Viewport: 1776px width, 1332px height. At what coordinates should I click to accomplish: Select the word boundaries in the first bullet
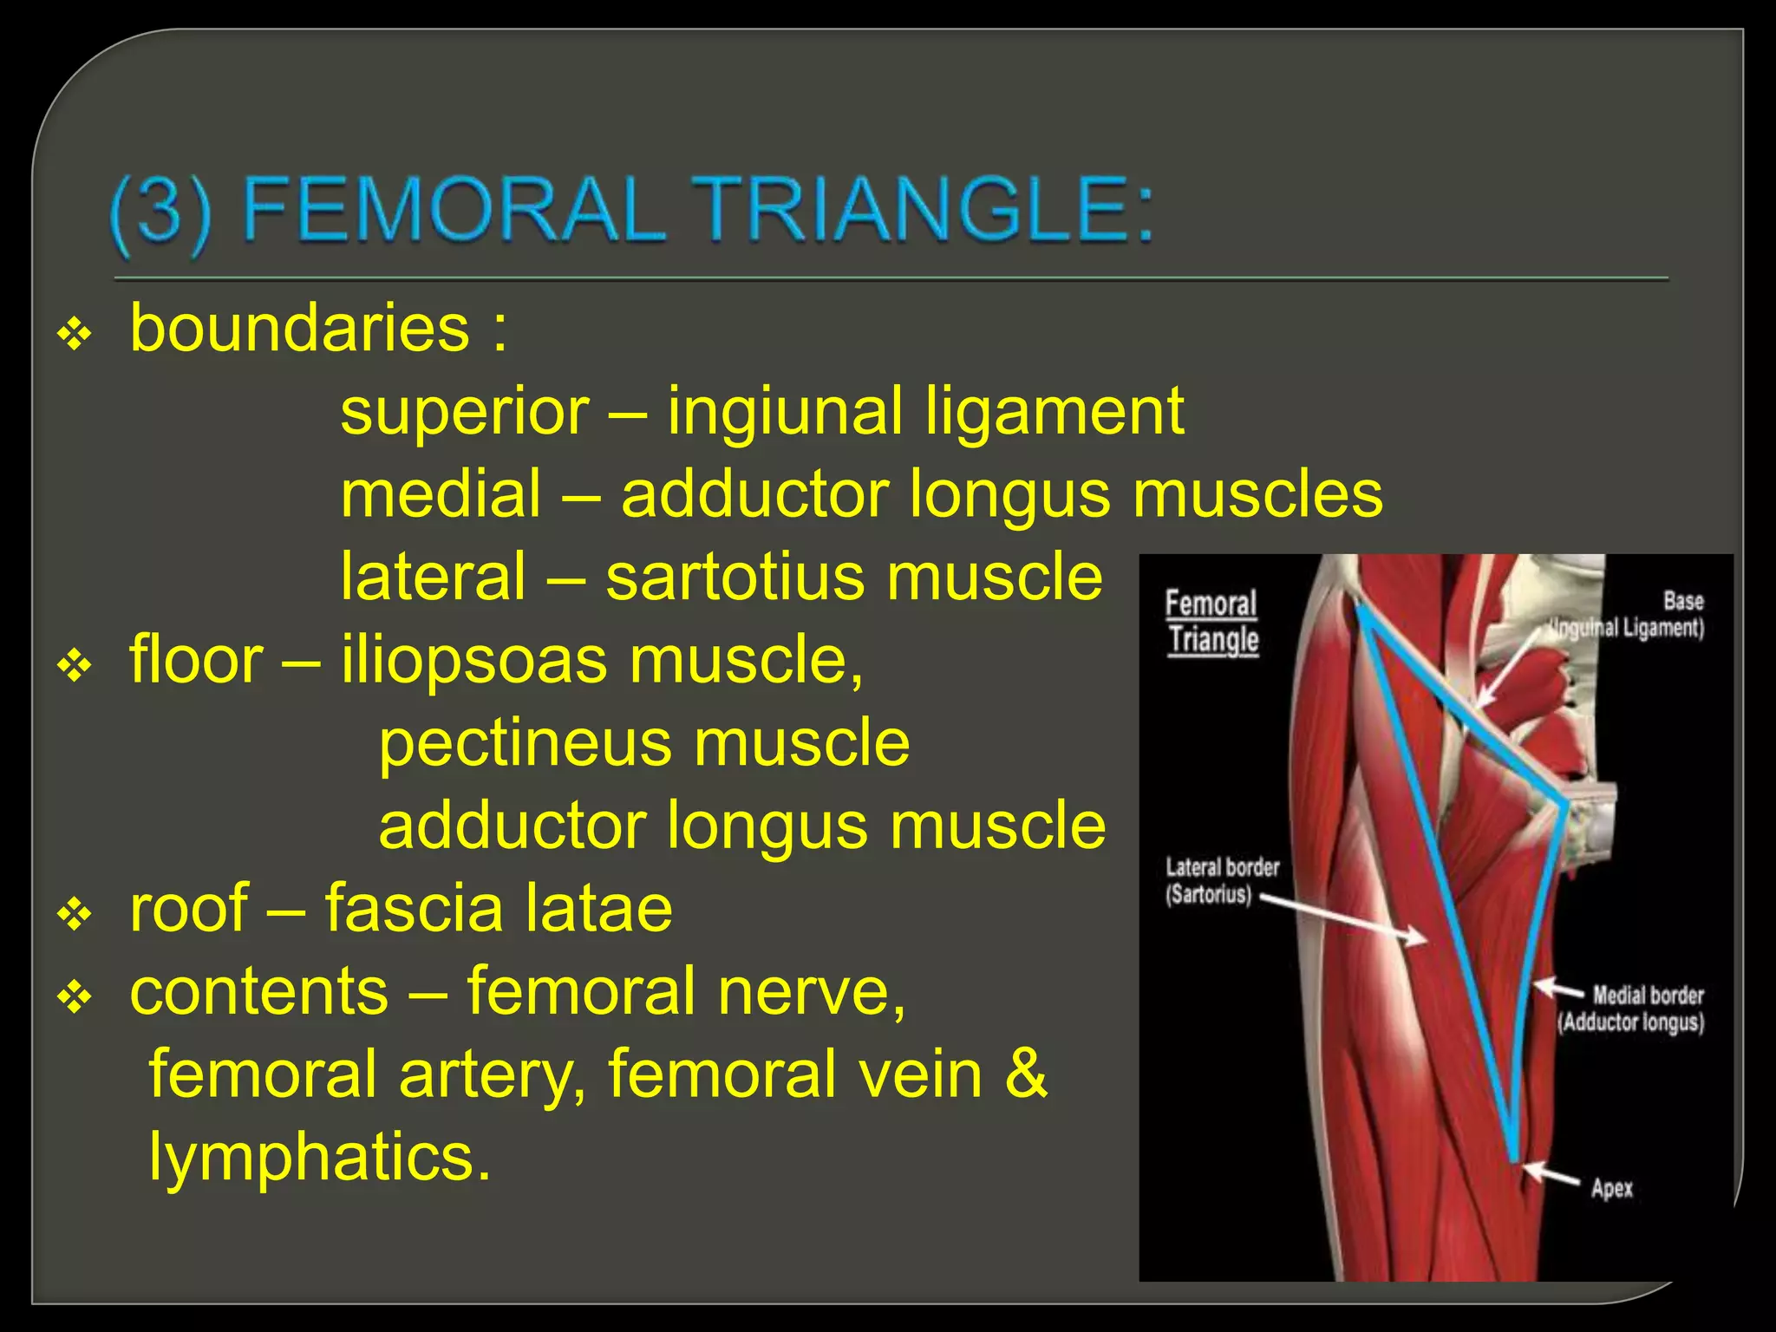299,329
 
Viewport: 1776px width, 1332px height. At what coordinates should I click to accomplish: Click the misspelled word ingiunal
785,411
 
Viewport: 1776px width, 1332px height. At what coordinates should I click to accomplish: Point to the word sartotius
735,577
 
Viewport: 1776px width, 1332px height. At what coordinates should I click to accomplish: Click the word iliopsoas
474,660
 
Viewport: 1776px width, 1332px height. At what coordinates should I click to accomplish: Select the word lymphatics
319,1156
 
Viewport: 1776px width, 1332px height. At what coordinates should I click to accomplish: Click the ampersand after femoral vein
1026,1074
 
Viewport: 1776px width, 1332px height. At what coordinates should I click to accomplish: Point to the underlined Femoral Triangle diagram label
1211,622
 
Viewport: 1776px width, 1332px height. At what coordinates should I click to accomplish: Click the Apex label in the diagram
1611,1188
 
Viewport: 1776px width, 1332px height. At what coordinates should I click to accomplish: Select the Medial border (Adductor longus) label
1632,1009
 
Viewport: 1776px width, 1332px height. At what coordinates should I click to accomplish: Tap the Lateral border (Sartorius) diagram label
1221,880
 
